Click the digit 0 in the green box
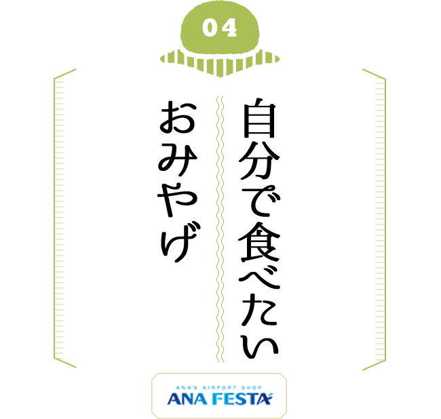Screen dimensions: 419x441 [210, 28]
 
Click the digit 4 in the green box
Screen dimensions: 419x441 [229, 28]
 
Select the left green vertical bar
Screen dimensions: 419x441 [65, 218]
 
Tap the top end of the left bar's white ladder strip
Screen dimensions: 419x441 [59, 80]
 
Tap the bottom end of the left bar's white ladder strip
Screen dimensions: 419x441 [59, 357]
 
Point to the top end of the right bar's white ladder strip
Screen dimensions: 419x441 [380, 80]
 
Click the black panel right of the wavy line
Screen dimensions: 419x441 [250, 228]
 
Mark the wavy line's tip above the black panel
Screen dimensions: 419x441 [220, 96]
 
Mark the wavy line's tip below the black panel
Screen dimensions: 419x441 [220, 361]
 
